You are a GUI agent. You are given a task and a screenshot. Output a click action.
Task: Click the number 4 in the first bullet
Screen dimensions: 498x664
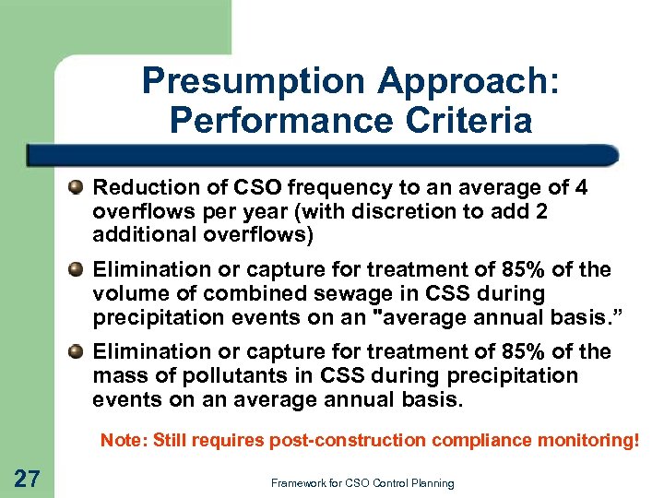(x=580, y=188)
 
